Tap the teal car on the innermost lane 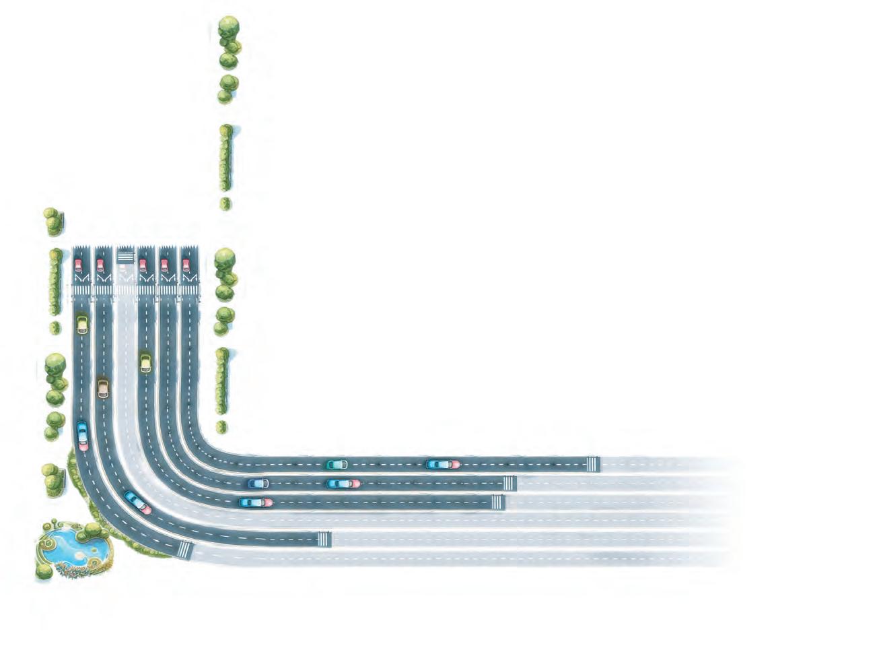click(x=337, y=464)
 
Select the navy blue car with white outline click(x=258, y=483)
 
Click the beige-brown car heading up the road click(x=102, y=388)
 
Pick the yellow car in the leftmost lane click(x=82, y=324)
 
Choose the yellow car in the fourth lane click(x=145, y=363)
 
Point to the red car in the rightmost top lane click(x=186, y=265)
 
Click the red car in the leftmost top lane click(x=78, y=265)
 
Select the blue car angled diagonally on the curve click(x=138, y=502)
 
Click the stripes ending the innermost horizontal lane click(x=592, y=464)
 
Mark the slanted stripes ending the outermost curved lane click(x=185, y=550)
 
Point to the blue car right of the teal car click(x=443, y=464)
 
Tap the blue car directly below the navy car click(x=256, y=502)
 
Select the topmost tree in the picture click(x=229, y=27)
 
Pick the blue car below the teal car click(x=343, y=483)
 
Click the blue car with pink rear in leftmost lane click(x=83, y=434)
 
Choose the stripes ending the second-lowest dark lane click(x=324, y=539)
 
